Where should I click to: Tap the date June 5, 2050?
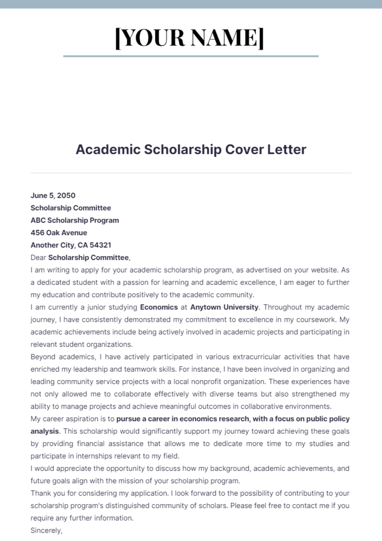[53, 195]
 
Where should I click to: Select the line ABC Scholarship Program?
[75, 220]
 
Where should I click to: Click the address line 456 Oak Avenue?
[59, 232]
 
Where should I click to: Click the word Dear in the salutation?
[38, 257]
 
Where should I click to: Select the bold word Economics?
[159, 307]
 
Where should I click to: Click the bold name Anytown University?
[224, 307]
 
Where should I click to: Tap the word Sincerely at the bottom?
[46, 530]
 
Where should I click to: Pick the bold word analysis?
[45, 431]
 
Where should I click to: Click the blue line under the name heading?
[191, 56]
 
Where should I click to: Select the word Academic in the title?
[108, 149]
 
